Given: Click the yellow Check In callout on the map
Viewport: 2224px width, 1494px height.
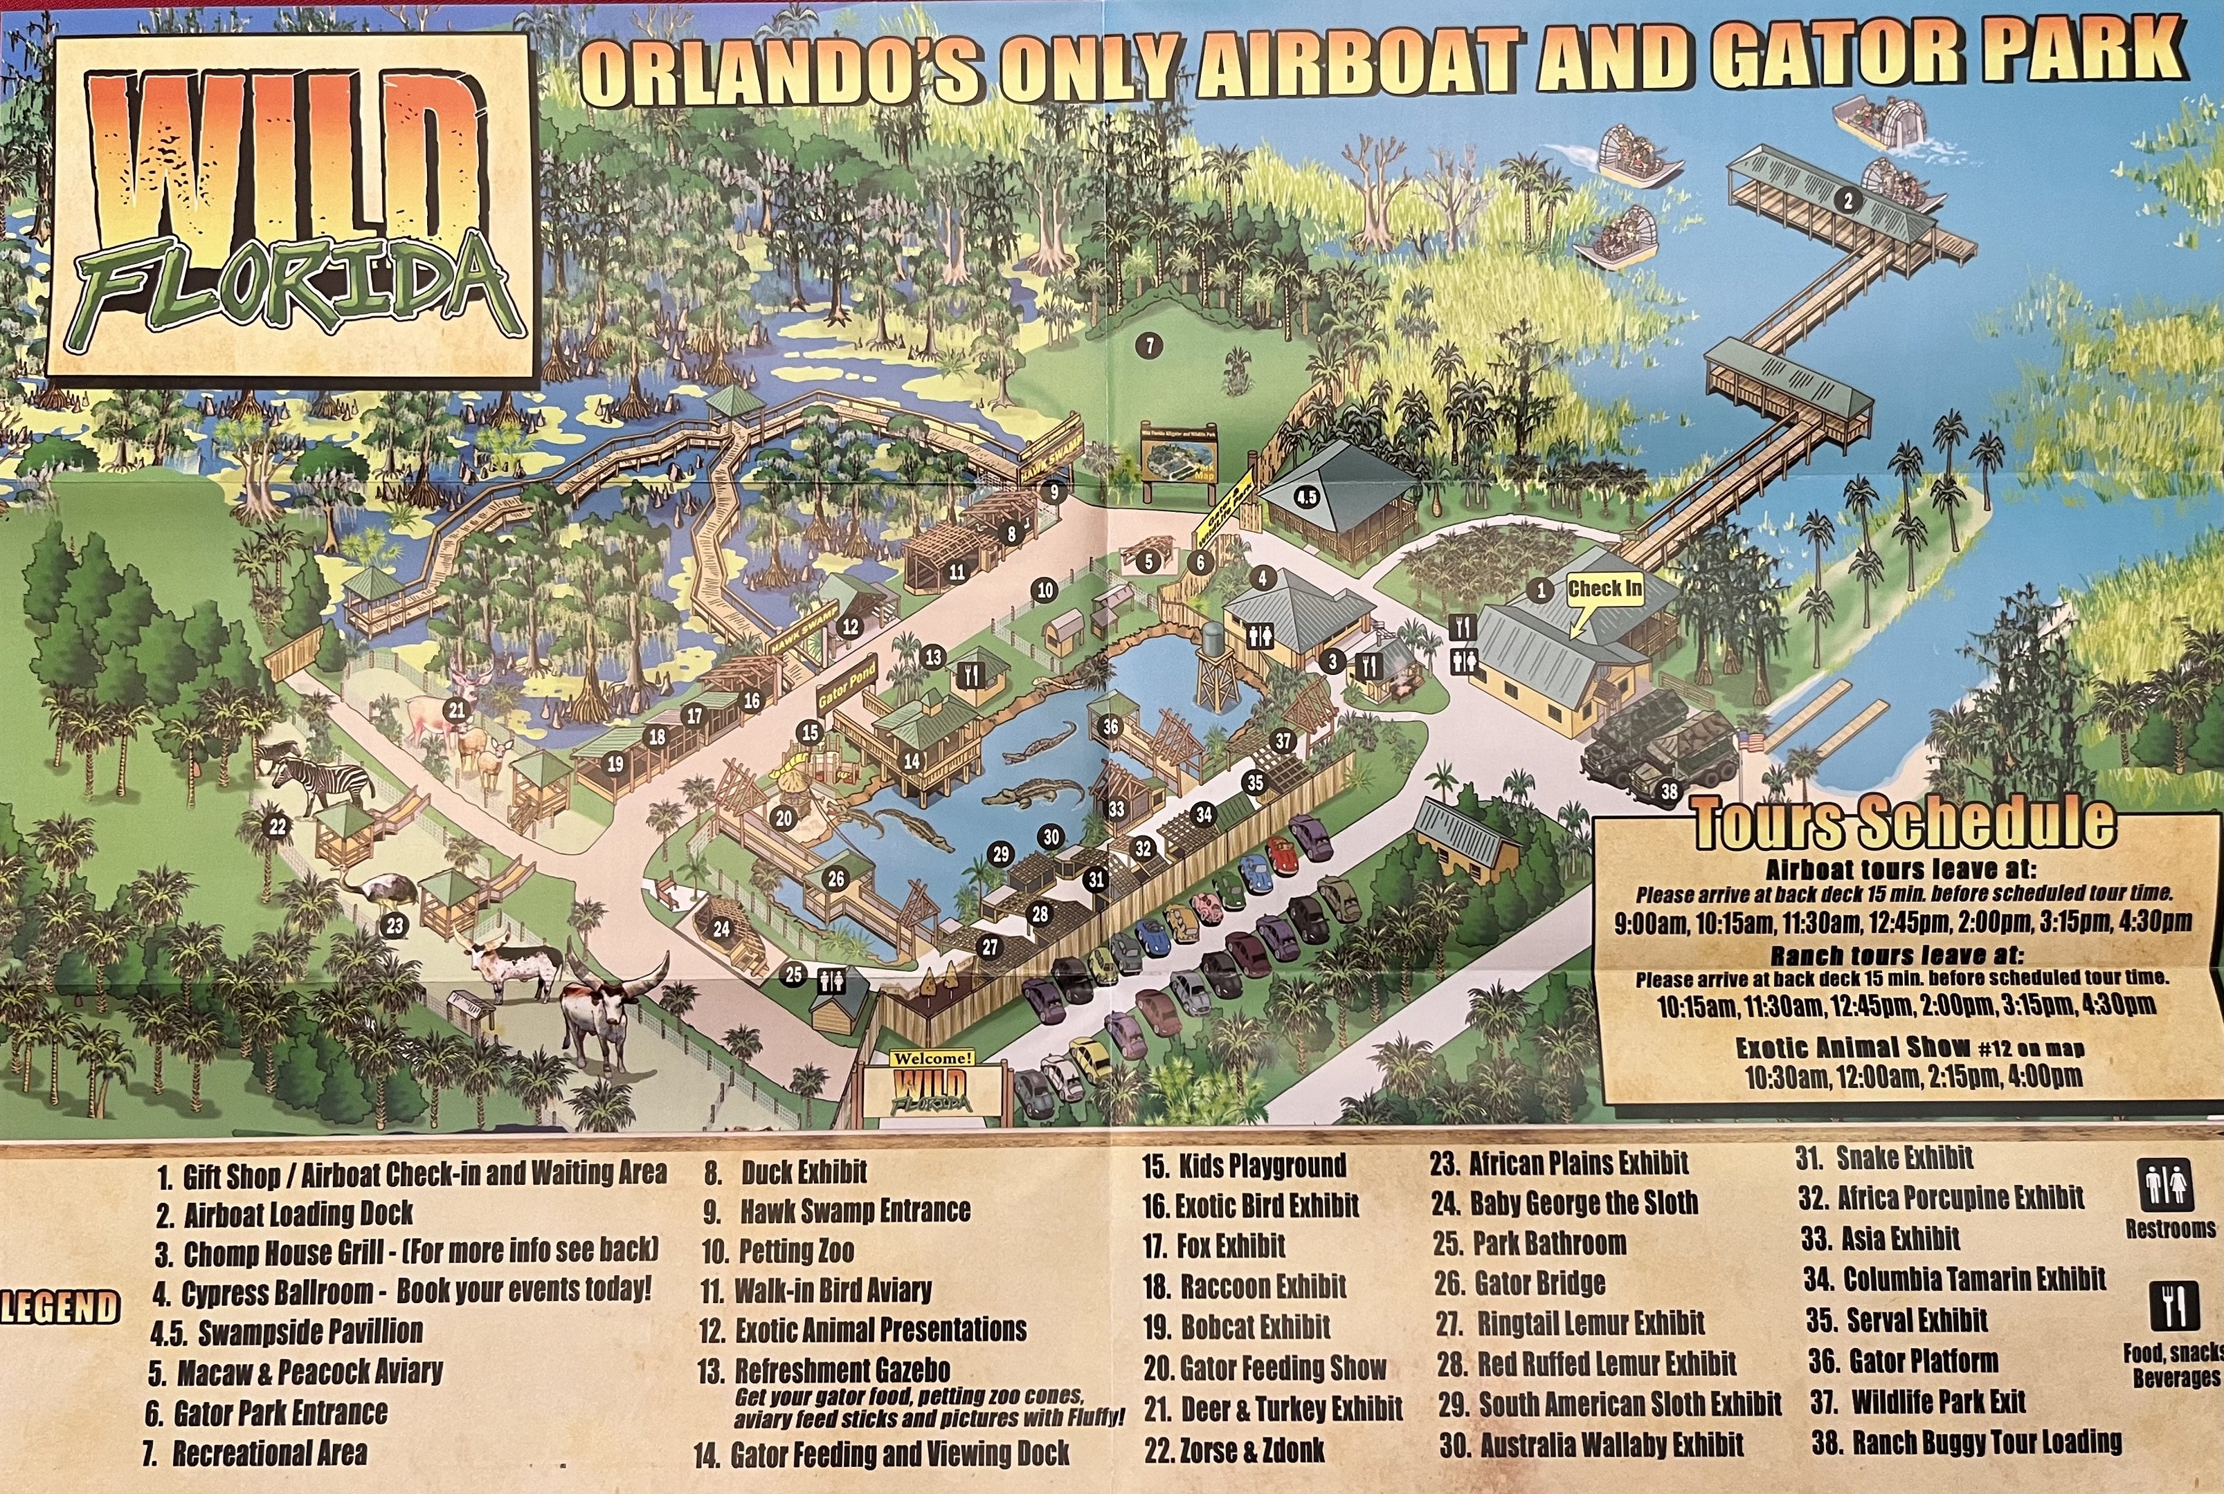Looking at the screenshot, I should pos(1605,589).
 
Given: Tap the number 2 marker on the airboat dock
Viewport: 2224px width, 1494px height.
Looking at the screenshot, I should pos(1847,201).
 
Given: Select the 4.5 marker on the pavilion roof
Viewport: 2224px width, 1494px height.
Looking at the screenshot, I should pos(1306,497).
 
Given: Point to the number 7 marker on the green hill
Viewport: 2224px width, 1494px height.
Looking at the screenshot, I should pos(1150,346).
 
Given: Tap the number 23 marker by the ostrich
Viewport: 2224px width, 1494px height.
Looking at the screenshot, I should pos(395,923).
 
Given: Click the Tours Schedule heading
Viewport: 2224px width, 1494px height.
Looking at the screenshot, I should pos(1903,822).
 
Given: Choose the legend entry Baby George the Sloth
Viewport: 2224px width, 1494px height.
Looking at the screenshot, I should pos(1564,1202).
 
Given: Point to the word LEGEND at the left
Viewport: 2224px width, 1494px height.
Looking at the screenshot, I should pos(59,1307).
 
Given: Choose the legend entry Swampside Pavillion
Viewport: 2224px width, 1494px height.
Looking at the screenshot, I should pos(286,1331).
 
